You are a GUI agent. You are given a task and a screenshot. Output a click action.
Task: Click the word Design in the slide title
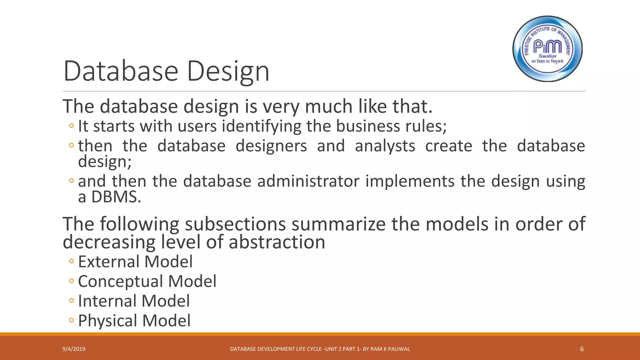coord(228,71)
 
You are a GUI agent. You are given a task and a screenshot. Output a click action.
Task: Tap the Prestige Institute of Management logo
coord(547,49)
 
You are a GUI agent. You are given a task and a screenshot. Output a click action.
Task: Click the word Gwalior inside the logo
coord(547,56)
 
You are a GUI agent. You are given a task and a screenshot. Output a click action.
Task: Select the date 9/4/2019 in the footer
coord(74,349)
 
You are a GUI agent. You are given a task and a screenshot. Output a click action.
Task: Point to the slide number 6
coord(582,349)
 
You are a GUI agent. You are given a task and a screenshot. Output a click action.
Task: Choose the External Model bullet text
coord(135,262)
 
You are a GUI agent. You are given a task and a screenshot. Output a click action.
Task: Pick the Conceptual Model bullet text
coord(147,281)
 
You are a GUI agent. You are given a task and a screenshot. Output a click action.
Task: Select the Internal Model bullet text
coord(134,301)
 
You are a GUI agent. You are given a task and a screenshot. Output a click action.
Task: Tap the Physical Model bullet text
coord(134,321)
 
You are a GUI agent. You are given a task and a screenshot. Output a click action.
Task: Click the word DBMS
coord(116,197)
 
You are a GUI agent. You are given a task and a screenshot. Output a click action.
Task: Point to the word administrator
coord(308,181)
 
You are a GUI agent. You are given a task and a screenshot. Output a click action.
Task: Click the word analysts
coord(385,146)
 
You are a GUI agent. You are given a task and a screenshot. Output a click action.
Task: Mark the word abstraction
coord(277,242)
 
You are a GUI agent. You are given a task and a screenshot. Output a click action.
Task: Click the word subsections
coord(235,224)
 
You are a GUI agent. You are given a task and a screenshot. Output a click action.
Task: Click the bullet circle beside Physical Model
coord(72,320)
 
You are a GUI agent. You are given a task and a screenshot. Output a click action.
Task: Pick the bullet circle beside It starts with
coord(72,126)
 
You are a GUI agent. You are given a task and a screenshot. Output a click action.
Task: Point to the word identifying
coord(262,126)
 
